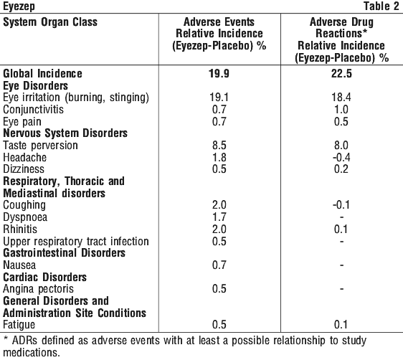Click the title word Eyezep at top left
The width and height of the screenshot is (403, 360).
tap(19, 6)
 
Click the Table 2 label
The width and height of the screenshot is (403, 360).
tap(381, 6)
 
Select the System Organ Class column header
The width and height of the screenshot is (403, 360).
tap(50, 22)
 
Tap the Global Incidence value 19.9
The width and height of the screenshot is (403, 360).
tap(219, 74)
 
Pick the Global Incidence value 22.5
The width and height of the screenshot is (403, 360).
tap(341, 74)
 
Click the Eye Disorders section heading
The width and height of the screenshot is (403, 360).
tap(35, 86)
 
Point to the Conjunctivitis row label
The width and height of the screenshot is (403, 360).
tap(33, 110)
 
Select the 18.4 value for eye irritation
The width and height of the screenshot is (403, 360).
tap(341, 98)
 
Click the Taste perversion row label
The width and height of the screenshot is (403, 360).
tap(40, 146)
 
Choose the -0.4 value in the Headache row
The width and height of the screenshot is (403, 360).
tap(341, 157)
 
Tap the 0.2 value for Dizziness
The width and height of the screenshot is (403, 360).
tap(341, 169)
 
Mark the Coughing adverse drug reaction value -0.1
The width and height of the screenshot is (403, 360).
tap(341, 205)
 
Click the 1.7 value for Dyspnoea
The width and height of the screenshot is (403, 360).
tap(219, 217)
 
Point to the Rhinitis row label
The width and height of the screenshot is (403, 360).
tap(20, 229)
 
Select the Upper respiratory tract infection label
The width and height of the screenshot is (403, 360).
tap(76, 242)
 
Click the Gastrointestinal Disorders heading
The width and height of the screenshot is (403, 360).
tap(64, 253)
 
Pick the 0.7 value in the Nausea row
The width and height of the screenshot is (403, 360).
tap(219, 265)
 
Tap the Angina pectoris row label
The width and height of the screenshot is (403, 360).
tap(38, 289)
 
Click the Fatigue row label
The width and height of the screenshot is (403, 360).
tap(19, 325)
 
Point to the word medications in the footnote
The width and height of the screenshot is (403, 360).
tap(32, 353)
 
